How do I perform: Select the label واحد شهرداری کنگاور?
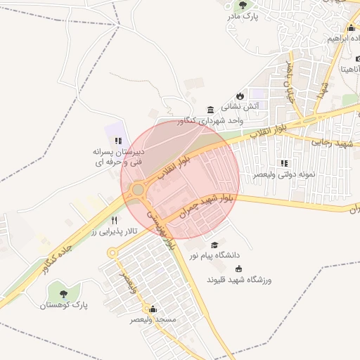click(235, 121)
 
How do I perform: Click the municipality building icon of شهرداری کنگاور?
click(210, 109)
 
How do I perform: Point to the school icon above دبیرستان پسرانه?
click(118, 141)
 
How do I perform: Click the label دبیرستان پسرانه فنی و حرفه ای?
click(118, 157)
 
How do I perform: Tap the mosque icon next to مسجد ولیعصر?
click(153, 309)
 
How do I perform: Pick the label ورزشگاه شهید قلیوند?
click(239, 280)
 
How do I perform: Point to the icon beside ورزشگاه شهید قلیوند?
click(238, 269)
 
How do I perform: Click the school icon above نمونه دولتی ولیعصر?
click(284, 163)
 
